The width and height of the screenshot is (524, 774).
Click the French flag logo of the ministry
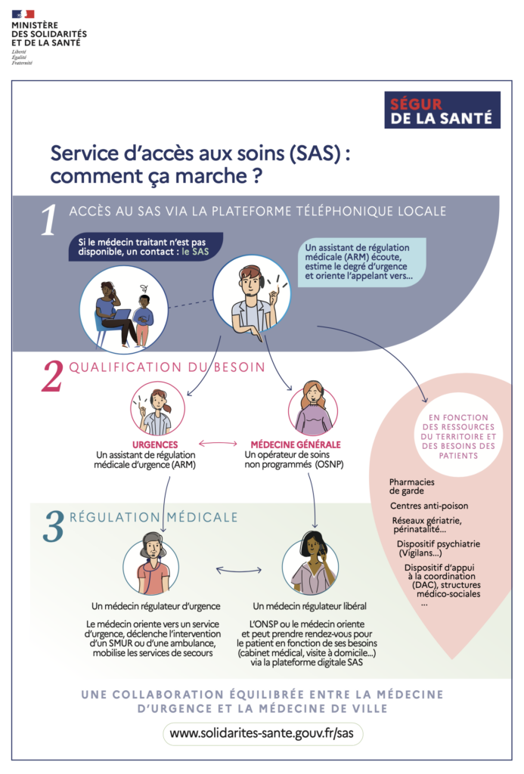click(23, 14)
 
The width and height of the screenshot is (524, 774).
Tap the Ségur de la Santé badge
click(442, 110)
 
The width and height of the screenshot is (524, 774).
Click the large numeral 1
click(49, 220)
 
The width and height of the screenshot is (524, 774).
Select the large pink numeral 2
click(53, 376)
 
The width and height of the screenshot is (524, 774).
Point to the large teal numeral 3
click(54, 526)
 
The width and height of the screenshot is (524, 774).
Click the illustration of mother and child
click(123, 309)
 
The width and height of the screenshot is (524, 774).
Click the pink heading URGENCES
click(154, 444)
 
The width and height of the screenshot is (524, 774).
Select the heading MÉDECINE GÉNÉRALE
click(296, 444)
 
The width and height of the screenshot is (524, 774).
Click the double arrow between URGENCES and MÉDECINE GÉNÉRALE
click(218, 443)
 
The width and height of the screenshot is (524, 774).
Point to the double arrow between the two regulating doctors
click(239, 571)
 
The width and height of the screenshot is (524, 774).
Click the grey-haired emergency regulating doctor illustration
click(150, 565)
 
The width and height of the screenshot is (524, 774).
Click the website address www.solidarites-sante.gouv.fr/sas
click(262, 733)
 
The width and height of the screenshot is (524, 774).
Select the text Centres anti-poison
click(429, 506)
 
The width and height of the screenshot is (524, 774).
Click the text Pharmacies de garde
click(412, 486)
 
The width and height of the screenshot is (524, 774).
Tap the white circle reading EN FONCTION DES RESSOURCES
click(457, 436)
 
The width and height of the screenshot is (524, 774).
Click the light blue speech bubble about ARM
click(358, 262)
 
